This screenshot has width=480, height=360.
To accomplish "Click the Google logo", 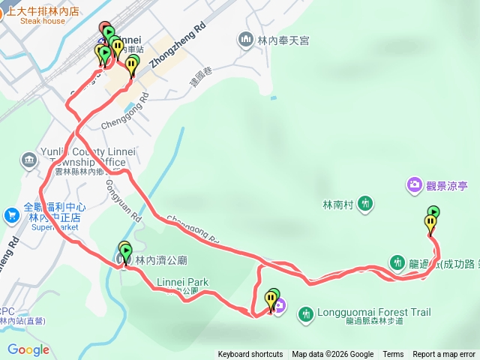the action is (28, 349).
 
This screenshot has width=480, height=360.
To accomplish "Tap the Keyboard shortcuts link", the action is (250, 355).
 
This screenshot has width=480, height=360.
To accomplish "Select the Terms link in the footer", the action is (393, 355).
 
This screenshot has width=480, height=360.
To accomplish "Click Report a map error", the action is (445, 355).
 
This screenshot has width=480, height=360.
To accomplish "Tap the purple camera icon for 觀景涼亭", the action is (414, 184).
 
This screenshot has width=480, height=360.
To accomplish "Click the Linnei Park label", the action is (182, 283).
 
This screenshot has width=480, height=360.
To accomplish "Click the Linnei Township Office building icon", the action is (28, 160).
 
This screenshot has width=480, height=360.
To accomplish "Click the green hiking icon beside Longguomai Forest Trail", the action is (305, 313).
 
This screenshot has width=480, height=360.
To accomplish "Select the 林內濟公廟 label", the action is (160, 260).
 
